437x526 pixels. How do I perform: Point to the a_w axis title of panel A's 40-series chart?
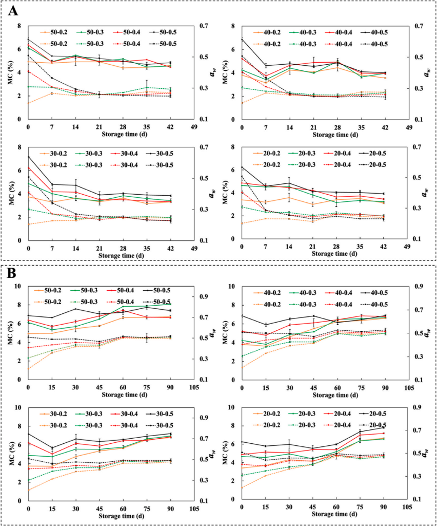(427, 72)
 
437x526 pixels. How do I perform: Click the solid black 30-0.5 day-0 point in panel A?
(28, 157)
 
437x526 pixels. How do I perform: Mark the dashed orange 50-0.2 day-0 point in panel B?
(28, 368)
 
